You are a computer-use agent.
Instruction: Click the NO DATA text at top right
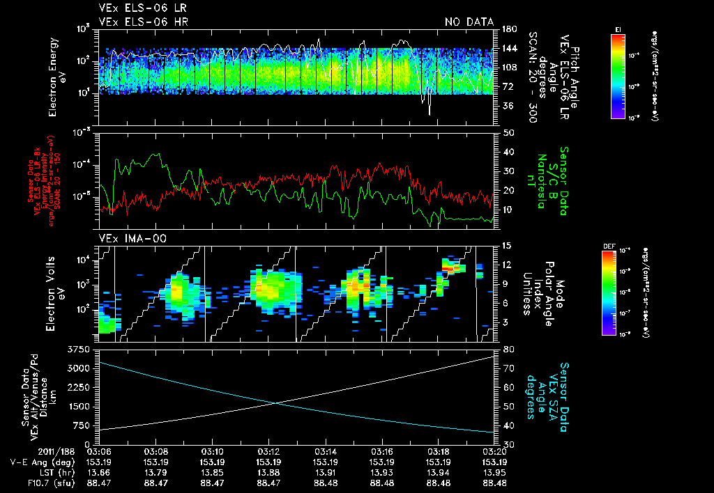[x=469, y=22]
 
